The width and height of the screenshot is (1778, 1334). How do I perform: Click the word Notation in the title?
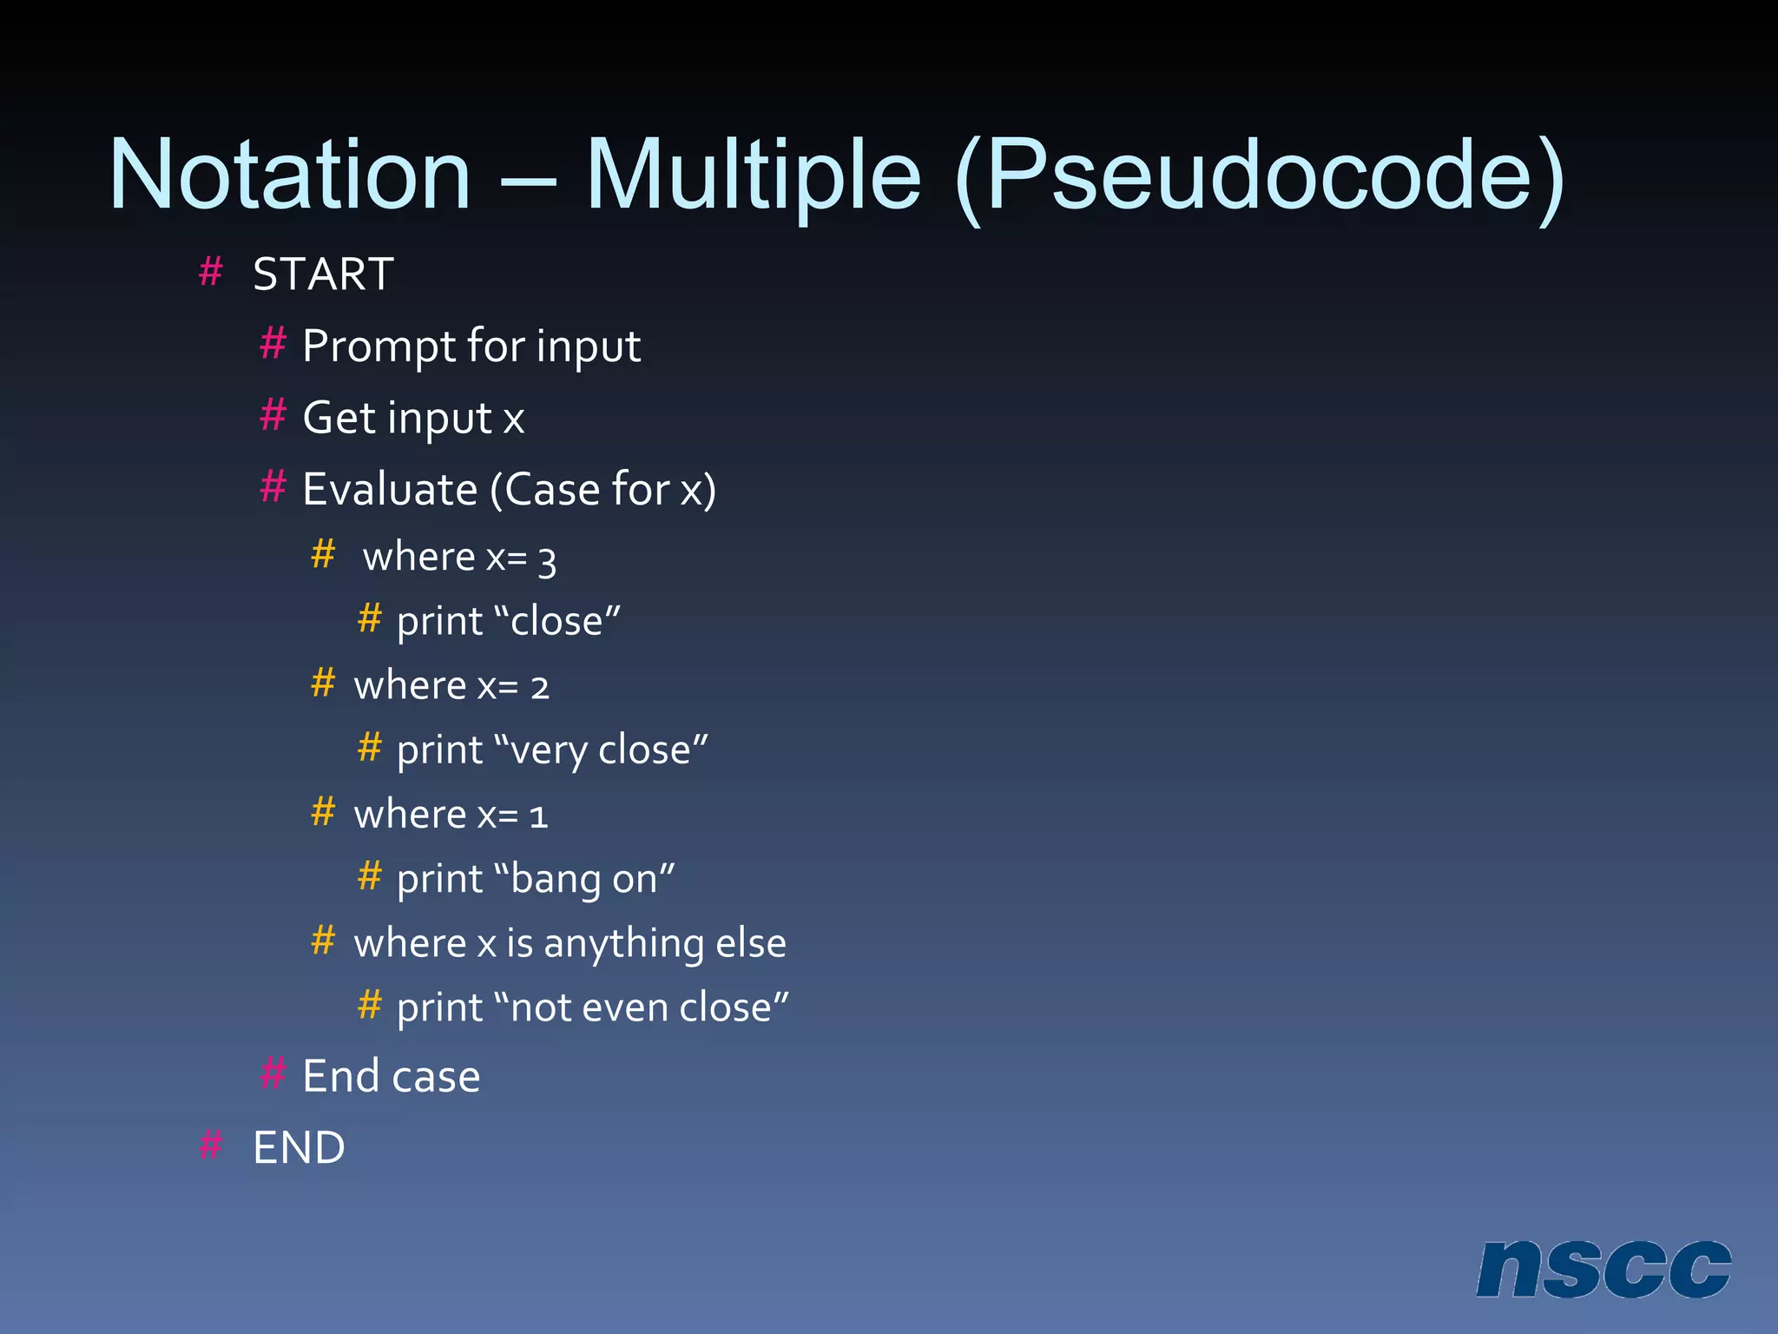tap(290, 175)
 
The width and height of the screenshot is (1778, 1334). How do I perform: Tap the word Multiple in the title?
tap(753, 175)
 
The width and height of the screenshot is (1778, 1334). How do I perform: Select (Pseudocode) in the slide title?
tap(1259, 178)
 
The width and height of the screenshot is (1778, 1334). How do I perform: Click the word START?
tap(323, 274)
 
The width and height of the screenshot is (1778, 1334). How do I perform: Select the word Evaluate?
tap(390, 489)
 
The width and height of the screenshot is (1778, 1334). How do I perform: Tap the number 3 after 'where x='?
tap(547, 561)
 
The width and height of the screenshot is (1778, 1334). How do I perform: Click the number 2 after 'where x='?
tap(540, 688)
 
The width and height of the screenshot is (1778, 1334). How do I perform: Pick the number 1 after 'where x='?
tap(538, 816)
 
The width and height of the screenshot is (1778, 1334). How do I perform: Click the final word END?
tap(299, 1148)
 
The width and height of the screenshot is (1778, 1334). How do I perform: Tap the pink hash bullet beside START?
tap(211, 272)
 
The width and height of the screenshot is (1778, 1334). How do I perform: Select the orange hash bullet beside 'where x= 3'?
tap(323, 554)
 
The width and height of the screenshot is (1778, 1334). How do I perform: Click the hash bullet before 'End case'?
tap(273, 1073)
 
